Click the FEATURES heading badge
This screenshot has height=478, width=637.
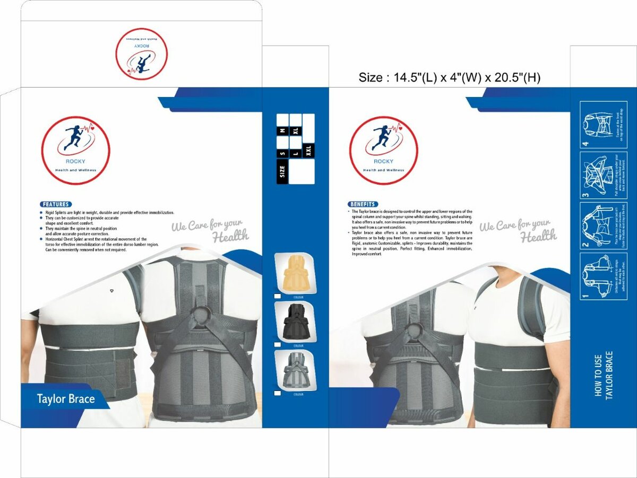56,204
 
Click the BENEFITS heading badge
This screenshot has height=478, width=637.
363,204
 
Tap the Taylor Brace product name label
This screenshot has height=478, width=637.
66,399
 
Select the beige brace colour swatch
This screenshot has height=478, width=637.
295,273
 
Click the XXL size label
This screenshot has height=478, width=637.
308,151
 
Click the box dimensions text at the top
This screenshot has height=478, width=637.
449,78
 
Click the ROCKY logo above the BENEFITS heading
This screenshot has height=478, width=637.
383,150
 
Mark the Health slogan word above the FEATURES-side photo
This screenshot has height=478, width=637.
230,236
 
